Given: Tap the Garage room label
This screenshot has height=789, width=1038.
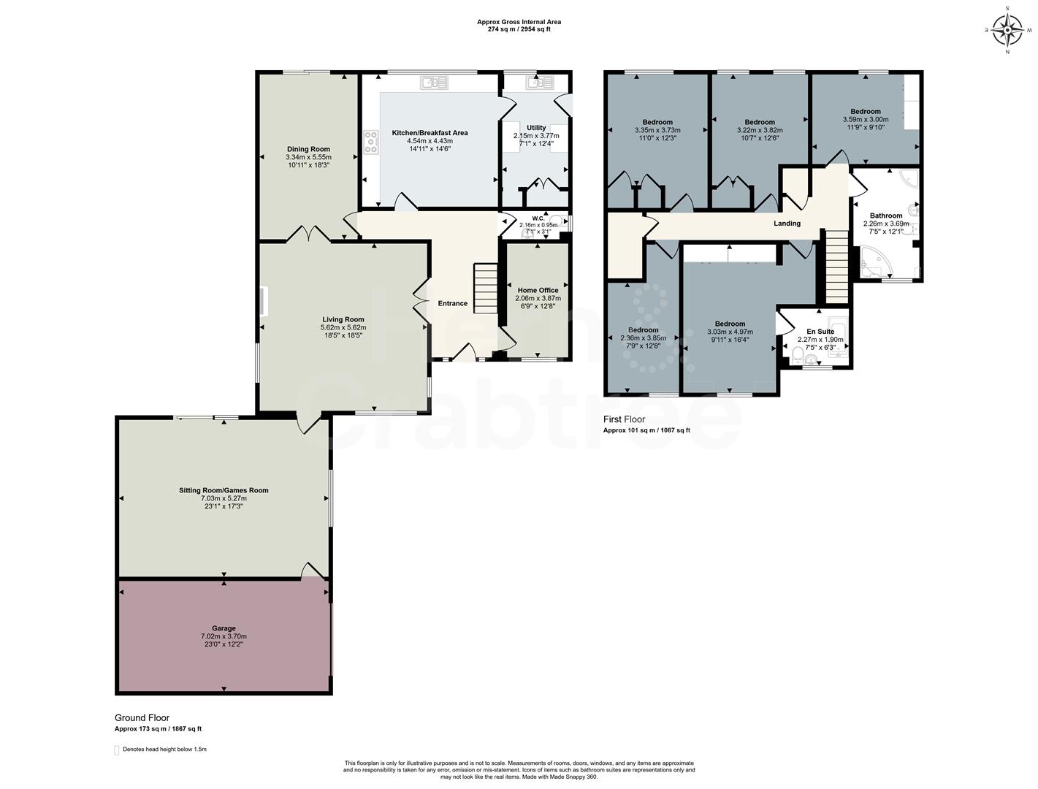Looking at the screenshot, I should click(224, 628).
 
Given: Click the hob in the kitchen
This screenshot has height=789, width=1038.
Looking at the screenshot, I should click(371, 142).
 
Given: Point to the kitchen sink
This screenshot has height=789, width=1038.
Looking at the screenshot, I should click(434, 83).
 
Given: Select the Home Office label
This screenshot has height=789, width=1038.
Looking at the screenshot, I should click(538, 290).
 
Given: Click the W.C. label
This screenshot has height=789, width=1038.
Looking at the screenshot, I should click(538, 218).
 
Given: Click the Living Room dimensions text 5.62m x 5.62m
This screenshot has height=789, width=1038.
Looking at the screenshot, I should click(343, 327).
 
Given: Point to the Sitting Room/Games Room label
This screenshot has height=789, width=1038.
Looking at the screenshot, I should click(224, 490).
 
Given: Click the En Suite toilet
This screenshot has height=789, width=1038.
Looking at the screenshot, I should click(798, 356).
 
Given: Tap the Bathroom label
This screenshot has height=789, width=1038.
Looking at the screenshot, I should click(886, 216).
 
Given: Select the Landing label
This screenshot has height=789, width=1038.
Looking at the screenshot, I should click(787, 224).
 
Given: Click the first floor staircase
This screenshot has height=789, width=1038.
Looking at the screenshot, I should click(837, 266).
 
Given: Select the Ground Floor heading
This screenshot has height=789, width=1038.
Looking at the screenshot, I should click(142, 718).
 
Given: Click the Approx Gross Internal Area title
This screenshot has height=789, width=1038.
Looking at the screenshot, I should click(519, 22).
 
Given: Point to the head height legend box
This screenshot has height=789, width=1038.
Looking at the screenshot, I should click(116, 750).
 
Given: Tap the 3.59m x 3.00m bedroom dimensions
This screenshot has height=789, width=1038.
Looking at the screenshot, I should click(866, 119).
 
